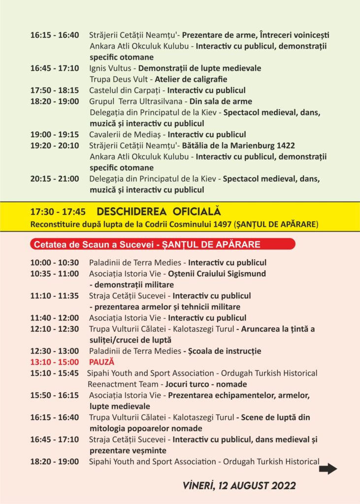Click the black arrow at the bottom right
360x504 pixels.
(x=328, y=469)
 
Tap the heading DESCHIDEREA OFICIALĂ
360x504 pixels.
(x=159, y=212)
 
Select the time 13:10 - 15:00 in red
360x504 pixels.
(x=54, y=362)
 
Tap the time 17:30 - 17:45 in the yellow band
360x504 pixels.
(x=58, y=212)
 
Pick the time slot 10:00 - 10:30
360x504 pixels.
(x=54, y=262)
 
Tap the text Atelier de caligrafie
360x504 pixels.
(x=192, y=79)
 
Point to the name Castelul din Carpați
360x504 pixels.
(x=126, y=90)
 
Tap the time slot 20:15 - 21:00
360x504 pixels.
(x=54, y=178)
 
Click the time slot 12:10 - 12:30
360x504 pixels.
(x=54, y=329)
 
